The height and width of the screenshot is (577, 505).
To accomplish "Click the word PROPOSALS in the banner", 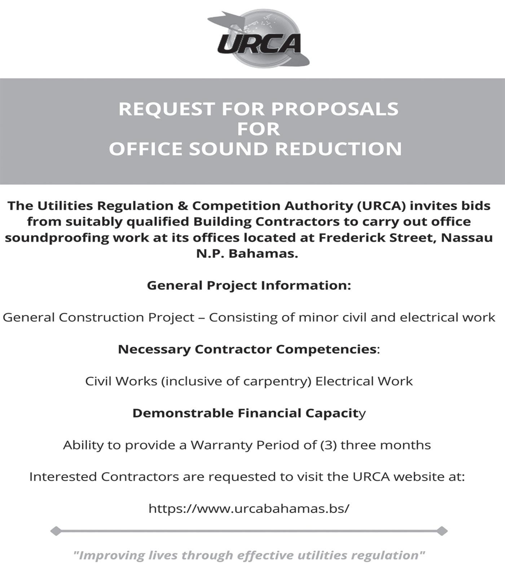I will [335, 109].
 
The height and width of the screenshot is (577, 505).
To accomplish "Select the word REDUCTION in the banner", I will [338, 149].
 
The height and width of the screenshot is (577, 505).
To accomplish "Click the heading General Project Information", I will [249, 286].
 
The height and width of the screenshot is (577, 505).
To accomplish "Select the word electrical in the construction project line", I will [425, 317].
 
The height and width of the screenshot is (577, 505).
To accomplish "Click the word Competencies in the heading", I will [326, 349].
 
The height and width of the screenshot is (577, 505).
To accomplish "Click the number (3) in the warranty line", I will [328, 445].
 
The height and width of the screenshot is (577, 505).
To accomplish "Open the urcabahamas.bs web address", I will [249, 508].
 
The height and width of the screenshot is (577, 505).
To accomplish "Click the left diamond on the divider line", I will [56, 531].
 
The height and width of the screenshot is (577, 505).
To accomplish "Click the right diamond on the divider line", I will [442, 531].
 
